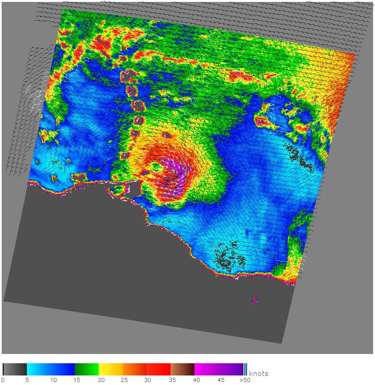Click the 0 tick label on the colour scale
(x=3, y=380)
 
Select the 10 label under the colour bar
(x=54, y=380)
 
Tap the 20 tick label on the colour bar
(x=101, y=380)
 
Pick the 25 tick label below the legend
(x=124, y=380)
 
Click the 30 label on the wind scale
(x=147, y=380)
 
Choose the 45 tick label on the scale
(x=221, y=380)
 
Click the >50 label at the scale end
(x=244, y=380)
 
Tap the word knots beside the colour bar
(x=259, y=374)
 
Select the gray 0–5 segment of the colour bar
(x=15, y=369)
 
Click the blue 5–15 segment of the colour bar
(x=51, y=369)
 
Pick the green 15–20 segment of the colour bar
(x=87, y=369)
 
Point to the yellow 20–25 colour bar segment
(x=111, y=369)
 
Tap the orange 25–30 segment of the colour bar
(x=134, y=369)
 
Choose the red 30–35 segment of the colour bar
(x=158, y=369)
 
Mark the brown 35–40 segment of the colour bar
(x=182, y=369)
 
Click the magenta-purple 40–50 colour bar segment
(x=218, y=369)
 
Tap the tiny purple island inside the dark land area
(x=255, y=300)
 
